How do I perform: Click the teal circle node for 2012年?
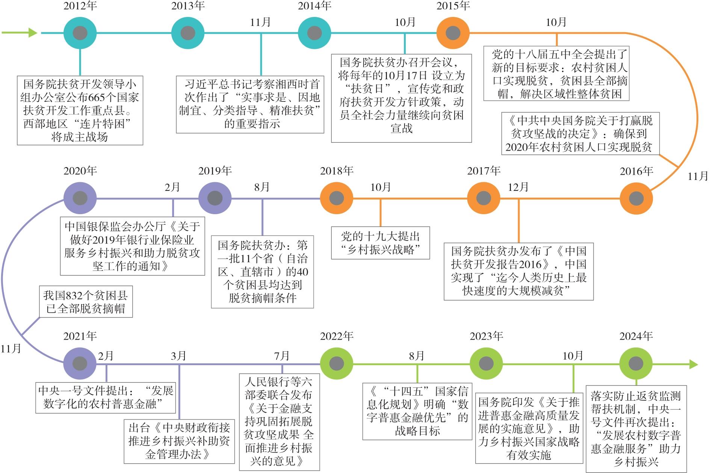pyautogui.click(x=80, y=33)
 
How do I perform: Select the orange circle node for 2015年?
pyautogui.click(x=453, y=33)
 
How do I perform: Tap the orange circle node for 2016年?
pyautogui.click(x=636, y=198)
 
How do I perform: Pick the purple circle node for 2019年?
pyautogui.click(x=215, y=198)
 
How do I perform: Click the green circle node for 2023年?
pyautogui.click(x=486, y=363)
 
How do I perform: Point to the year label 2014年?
pyautogui.click(x=314, y=6)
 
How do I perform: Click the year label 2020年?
pyautogui.click(x=80, y=171)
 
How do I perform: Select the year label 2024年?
pyautogui.click(x=636, y=336)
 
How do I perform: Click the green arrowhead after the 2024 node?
pyautogui.click(x=693, y=364)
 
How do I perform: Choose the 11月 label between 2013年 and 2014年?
pyautogui.click(x=260, y=22)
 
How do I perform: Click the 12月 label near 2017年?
pyautogui.click(x=518, y=187)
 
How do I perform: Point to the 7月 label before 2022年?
pyautogui.click(x=282, y=355)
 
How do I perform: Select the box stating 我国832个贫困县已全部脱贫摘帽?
pyautogui.click(x=86, y=302)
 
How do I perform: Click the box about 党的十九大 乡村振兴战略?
pyautogui.click(x=380, y=243)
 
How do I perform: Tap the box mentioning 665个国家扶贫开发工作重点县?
pyautogui.click(x=80, y=110)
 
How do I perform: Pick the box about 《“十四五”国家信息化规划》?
pyautogui.click(x=417, y=411)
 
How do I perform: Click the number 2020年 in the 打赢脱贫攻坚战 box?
pyautogui.click(x=521, y=147)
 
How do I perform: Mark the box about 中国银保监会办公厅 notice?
pyautogui.click(x=132, y=246)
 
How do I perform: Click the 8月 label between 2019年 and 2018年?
pyautogui.click(x=262, y=187)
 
